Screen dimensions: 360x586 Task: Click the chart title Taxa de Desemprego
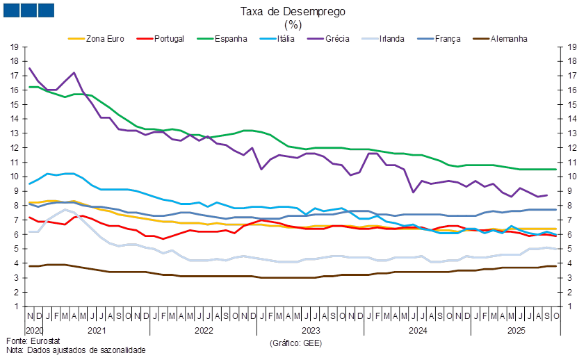(293, 11)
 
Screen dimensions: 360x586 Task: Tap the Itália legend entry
(286, 39)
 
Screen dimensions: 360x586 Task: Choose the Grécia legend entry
(337, 39)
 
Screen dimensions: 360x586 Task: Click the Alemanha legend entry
(509, 39)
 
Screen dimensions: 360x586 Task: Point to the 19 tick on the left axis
(15, 47)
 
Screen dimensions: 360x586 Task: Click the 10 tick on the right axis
(573, 177)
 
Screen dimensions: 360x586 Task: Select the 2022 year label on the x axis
(203, 330)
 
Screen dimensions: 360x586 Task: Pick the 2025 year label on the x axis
(515, 330)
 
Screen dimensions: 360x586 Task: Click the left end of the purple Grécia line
(29, 68)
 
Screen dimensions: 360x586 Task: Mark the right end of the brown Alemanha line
(556, 265)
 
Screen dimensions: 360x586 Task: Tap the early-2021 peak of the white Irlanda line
(65, 209)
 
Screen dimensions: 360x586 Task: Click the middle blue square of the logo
(29, 10)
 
